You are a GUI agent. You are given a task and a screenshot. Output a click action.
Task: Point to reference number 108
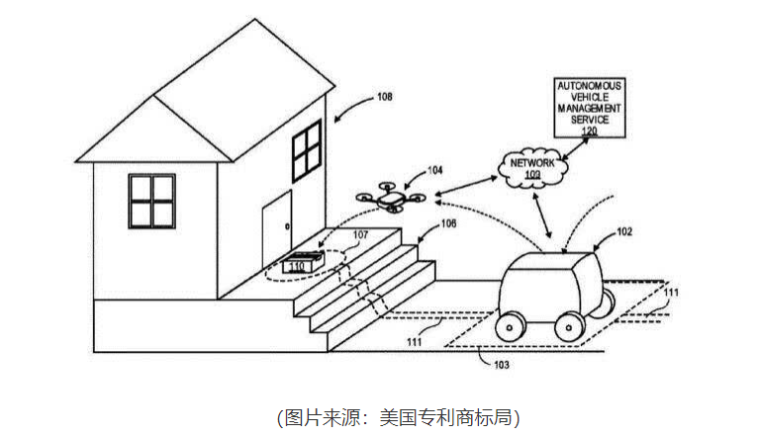coord(385,97)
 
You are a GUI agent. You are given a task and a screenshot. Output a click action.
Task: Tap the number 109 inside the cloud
coord(534,174)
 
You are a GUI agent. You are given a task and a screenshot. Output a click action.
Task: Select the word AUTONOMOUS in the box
coord(591,88)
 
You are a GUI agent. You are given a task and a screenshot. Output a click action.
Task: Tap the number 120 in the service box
coord(590,131)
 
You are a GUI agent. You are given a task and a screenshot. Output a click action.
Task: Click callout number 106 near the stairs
coord(448,223)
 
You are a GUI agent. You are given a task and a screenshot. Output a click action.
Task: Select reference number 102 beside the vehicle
coord(624,232)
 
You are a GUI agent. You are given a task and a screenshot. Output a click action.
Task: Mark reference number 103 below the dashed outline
coord(503,364)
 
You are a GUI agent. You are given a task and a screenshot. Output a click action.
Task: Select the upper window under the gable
coord(307,150)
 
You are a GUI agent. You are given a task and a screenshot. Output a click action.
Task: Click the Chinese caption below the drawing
coord(397,416)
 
